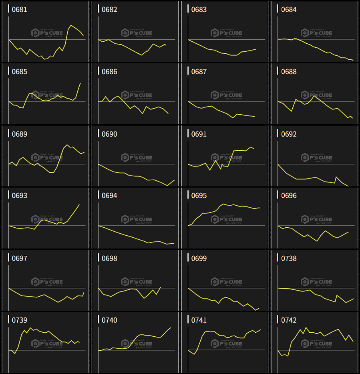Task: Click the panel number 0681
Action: coord(20,10)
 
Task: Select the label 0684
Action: coord(289,10)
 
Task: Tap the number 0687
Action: coord(199,72)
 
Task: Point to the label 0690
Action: coord(109,134)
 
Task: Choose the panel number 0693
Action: coord(20,196)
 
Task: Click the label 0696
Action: coord(289,196)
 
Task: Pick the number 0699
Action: coord(199,258)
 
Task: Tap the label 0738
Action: coord(289,258)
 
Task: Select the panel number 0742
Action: coord(289,320)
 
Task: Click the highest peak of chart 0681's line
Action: coord(71,25)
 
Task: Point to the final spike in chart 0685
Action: coord(80,83)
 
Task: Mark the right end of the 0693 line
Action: coord(79,204)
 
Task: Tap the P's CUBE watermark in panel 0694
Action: coord(136,219)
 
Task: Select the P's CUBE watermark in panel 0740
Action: coord(136,344)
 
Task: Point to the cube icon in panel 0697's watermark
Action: coord(35,281)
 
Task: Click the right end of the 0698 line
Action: coord(161,287)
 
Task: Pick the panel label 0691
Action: coord(199,134)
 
